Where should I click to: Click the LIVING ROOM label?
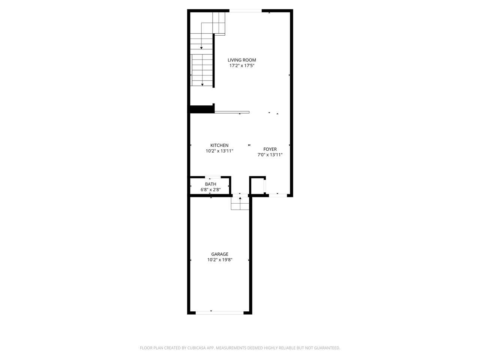[x=242, y=60]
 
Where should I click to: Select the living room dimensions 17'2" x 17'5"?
[x=242, y=66]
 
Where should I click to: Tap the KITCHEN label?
[x=219, y=145]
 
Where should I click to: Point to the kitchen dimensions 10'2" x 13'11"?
[x=219, y=151]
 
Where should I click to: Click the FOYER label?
[x=270, y=149]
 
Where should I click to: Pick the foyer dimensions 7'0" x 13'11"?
[x=270, y=155]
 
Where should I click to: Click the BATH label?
[x=210, y=184]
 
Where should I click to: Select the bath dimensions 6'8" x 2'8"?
[x=210, y=190]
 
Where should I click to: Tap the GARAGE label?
[x=220, y=254]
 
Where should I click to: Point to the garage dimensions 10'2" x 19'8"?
[x=220, y=260]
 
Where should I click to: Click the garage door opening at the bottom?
[x=219, y=312]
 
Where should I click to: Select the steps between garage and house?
[x=240, y=204]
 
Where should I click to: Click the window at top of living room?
[x=246, y=11]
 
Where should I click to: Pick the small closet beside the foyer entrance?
[x=258, y=186]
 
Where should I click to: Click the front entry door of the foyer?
[x=278, y=195]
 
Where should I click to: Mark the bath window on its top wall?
[x=213, y=177]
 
